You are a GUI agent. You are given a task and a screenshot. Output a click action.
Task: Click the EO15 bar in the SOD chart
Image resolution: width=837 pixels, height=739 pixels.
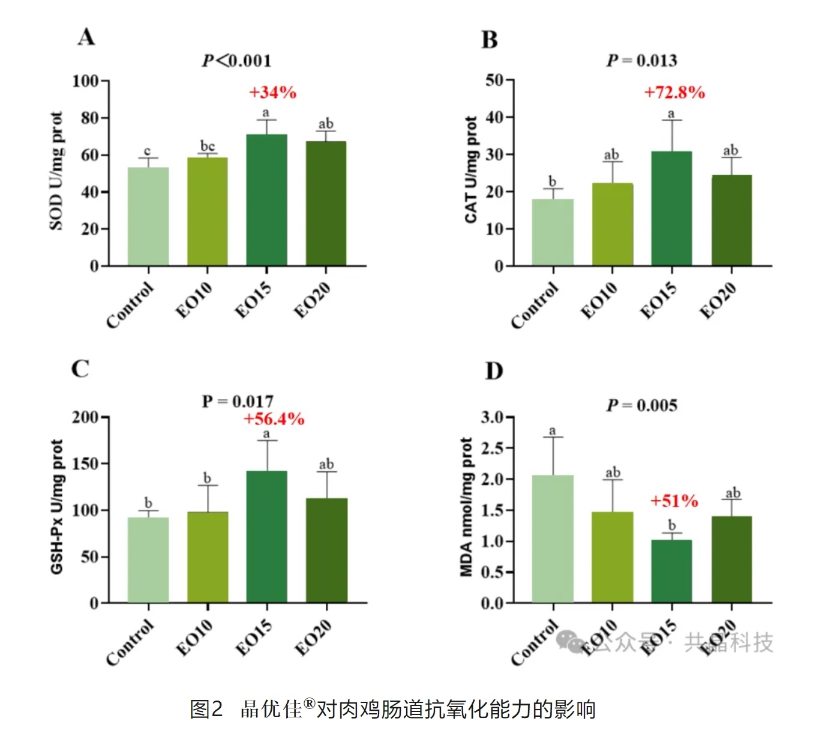coord(266,200)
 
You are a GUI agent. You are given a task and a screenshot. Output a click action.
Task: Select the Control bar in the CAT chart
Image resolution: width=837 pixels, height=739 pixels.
coord(553,232)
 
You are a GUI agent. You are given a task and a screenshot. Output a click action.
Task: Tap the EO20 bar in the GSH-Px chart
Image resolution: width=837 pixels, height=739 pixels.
coord(326,550)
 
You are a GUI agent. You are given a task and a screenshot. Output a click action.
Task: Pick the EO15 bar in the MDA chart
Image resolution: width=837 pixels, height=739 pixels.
coord(671,571)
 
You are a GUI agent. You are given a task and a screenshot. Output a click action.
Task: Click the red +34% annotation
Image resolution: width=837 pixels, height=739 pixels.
coord(272,92)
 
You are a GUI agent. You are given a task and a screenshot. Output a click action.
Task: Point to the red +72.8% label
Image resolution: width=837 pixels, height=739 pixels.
coord(674,92)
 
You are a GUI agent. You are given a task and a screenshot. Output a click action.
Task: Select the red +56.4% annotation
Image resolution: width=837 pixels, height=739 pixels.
coord(274,419)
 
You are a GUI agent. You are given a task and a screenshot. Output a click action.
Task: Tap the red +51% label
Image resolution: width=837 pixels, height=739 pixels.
coord(674,501)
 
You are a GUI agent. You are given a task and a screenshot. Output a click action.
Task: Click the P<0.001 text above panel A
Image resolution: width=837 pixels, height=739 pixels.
coord(236,61)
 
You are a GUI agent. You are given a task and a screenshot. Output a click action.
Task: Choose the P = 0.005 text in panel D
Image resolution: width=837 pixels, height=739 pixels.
coord(641,405)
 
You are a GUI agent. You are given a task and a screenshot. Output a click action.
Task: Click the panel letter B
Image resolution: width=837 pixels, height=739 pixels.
coord(490,40)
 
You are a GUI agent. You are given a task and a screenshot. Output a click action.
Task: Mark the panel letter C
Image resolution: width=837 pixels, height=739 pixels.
coord(80,369)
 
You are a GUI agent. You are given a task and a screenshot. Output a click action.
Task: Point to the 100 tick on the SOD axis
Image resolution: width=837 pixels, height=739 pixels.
coord(86,80)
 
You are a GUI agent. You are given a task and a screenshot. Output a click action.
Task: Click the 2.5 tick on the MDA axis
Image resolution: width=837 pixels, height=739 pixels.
coord(493,448)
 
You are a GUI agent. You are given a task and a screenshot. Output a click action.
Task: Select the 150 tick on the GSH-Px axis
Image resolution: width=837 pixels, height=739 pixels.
coord(86,463)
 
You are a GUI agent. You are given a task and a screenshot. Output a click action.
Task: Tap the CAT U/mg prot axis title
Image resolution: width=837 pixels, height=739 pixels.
coord(472,170)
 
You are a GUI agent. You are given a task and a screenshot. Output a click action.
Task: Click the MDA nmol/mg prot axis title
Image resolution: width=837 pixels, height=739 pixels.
coord(467,507)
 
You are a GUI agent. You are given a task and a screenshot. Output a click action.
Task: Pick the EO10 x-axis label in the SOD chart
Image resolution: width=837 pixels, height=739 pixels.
coord(194,301)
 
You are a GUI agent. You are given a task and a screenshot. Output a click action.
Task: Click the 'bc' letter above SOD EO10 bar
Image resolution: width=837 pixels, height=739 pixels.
coord(208,146)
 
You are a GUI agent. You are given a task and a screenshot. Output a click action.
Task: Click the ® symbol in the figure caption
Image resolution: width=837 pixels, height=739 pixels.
coord(310,703)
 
